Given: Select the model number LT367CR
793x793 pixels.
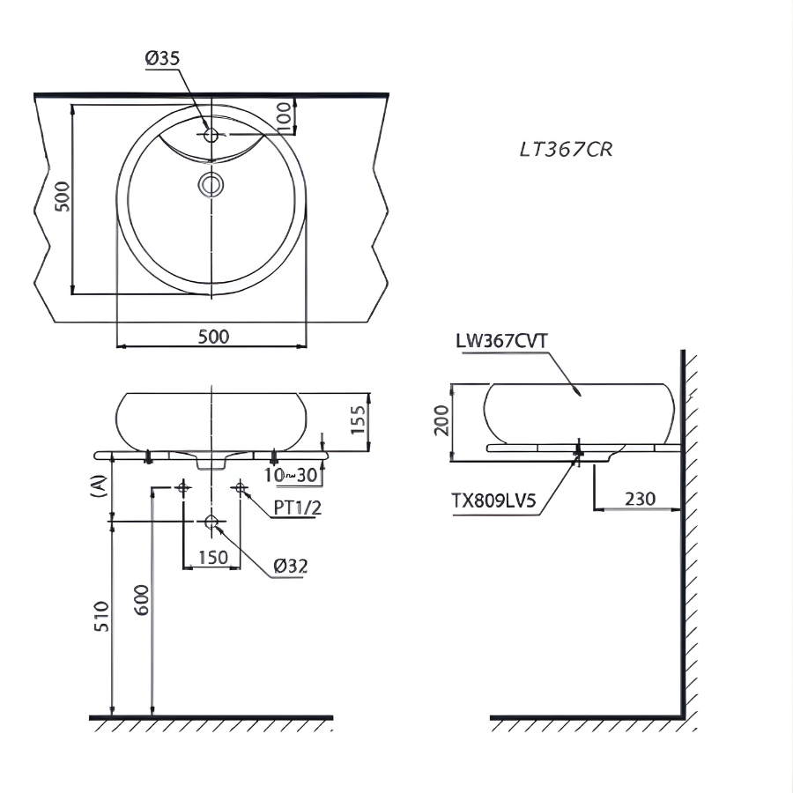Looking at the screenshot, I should (565, 149).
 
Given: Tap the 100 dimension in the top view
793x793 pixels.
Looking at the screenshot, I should (282, 116).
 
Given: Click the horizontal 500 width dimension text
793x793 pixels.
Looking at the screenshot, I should (212, 336).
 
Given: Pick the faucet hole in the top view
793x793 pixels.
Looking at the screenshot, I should (211, 135).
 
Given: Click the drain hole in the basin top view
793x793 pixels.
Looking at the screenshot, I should (211, 184).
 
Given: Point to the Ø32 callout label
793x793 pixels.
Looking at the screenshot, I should (290, 567).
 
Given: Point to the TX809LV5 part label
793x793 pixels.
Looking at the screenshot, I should (493, 500).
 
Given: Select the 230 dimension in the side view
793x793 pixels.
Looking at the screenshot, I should (640, 498).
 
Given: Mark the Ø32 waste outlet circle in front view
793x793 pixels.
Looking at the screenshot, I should (211, 522).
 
